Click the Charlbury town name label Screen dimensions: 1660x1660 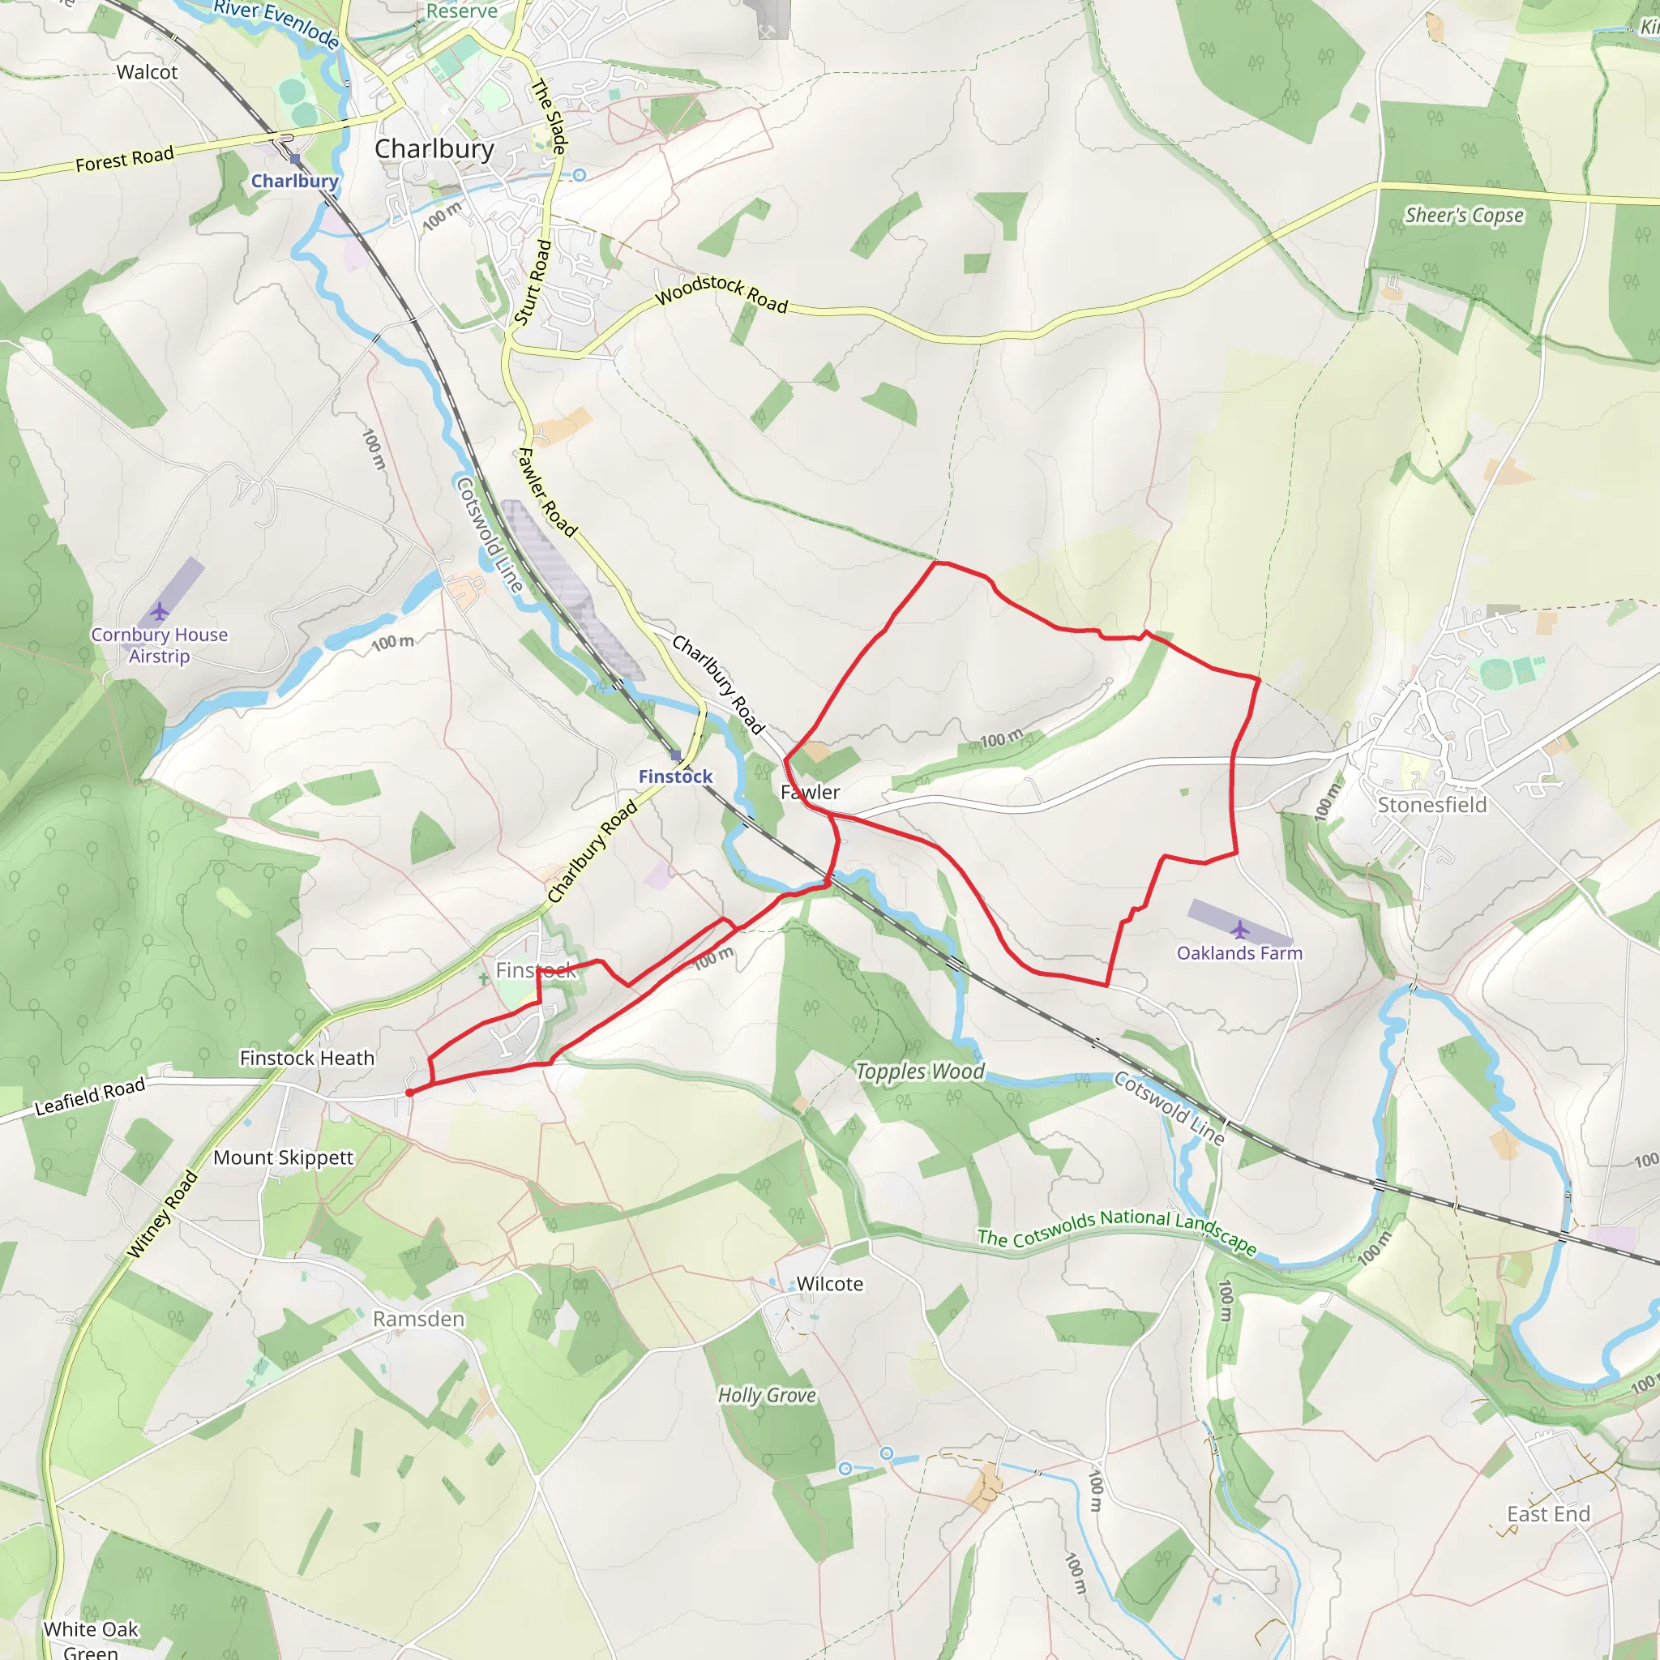click(434, 148)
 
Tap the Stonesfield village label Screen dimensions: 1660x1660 click(1431, 805)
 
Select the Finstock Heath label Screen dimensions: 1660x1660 click(306, 1059)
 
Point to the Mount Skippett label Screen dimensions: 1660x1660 click(283, 1157)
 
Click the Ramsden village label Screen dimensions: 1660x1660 click(418, 1319)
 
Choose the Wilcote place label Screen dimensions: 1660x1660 click(829, 1284)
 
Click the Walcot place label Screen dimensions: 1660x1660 click(147, 72)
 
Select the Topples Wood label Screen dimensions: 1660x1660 click(919, 1072)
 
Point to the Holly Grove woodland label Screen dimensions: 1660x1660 click(767, 1396)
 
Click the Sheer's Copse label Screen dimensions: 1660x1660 click(1464, 215)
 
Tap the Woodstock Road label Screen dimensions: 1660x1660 click(721, 293)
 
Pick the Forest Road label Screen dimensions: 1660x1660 click(125, 159)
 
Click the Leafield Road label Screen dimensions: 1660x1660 click(90, 1097)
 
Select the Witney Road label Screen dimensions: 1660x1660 click(162, 1215)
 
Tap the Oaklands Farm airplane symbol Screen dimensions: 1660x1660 click(1240, 930)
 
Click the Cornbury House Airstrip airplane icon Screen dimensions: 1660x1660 click(159, 612)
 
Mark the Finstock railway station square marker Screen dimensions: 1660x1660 click(675, 756)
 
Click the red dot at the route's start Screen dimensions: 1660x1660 click(410, 1093)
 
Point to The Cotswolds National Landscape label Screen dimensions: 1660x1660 click(1117, 1230)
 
